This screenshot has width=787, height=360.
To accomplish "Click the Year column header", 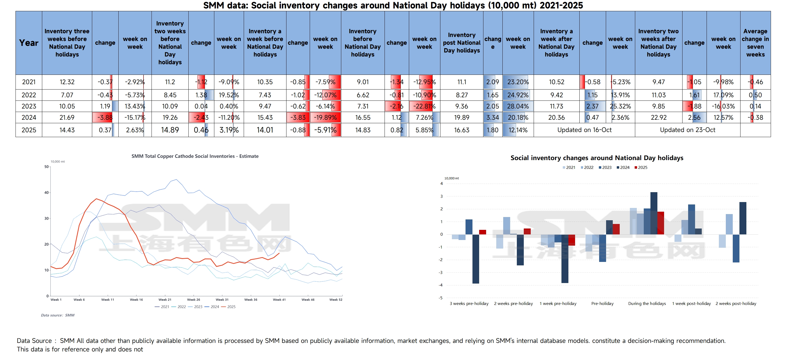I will [29, 43].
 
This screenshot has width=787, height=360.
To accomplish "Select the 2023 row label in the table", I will [29, 106].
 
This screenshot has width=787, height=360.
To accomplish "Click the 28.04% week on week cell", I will [518, 106].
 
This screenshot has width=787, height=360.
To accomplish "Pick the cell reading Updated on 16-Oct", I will [584, 130].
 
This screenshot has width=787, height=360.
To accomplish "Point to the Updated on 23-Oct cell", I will [687, 130].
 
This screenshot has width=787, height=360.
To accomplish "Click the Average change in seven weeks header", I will [755, 43].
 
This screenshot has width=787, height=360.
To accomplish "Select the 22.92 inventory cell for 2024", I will [658, 118].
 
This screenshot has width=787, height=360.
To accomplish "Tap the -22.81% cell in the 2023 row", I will [424, 106].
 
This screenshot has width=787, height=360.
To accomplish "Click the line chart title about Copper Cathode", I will [195, 156].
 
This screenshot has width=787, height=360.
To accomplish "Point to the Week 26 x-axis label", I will [193, 300].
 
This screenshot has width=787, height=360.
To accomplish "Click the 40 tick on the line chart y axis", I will [46, 192].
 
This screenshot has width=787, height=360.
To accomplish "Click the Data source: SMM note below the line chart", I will [58, 315].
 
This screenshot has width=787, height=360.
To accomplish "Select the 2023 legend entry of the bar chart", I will [605, 168].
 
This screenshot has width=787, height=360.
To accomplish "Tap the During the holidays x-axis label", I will [647, 303].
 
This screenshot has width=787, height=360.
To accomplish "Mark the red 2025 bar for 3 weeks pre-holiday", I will [482, 232].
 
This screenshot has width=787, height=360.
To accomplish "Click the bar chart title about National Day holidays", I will [597, 158].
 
